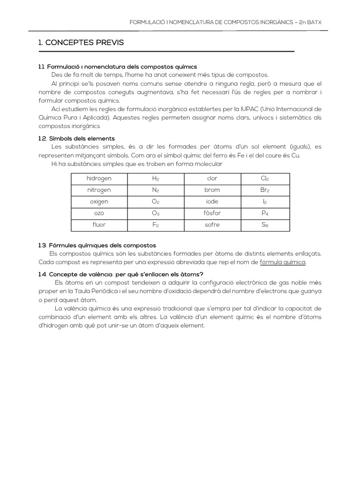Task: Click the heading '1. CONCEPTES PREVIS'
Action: tap(81, 43)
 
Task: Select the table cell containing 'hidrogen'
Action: tap(99, 179)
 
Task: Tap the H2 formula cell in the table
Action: tap(156, 179)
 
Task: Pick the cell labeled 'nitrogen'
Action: tap(99, 190)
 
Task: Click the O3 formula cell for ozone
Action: tap(156, 213)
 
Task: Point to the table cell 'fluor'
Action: tap(99, 225)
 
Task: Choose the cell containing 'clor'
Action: tap(212, 179)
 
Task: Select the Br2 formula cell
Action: tap(265, 190)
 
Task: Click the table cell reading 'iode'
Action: tap(212, 202)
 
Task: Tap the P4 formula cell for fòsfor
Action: tap(265, 213)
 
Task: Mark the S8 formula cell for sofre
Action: tap(265, 225)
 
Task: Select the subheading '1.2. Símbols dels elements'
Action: tap(77, 138)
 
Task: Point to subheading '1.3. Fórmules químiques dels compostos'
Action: tap(97, 245)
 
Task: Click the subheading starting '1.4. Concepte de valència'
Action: tap(121, 274)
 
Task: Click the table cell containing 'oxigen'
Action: tap(99, 202)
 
